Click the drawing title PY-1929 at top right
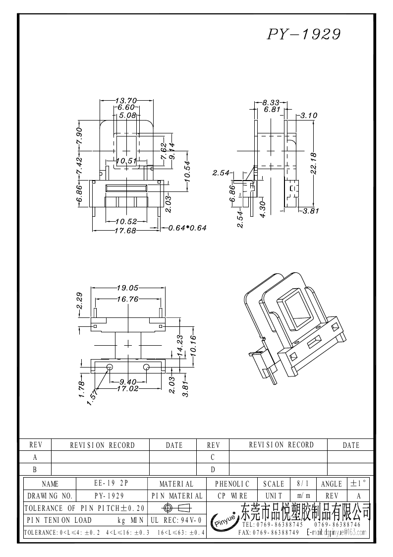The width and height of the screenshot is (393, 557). coord(304,34)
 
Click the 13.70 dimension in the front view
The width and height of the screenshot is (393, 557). coord(125,101)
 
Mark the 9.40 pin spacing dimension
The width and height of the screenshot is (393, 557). coord(128,382)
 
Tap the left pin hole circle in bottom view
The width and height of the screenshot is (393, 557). coord(110,367)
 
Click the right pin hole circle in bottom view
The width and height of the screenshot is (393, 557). coord(147,367)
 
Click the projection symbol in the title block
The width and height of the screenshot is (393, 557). coord(176,508)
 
